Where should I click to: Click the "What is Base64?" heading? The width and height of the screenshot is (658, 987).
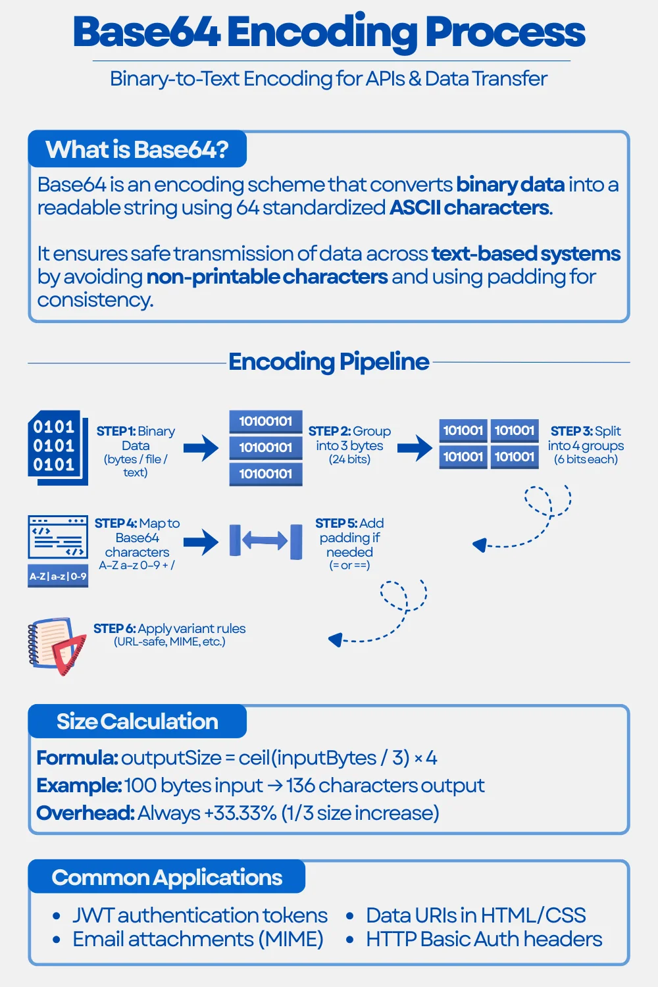137,150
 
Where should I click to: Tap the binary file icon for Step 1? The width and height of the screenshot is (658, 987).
57,447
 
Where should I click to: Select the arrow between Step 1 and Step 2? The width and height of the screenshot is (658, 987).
201,448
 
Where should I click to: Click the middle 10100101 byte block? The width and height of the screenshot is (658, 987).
265,447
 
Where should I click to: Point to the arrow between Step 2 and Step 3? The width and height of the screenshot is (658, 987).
415,448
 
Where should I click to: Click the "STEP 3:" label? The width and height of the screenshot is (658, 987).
571,431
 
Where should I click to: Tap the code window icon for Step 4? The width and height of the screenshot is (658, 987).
57,536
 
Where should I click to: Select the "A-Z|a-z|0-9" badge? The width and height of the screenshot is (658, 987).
57,576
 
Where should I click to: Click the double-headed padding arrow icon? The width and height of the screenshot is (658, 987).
265,541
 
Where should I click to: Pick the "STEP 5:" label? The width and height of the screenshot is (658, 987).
335,523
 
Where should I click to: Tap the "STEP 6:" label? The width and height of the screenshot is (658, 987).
114,628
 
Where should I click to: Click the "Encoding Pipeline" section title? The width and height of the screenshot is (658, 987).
328,362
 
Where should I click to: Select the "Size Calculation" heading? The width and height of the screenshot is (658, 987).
137,722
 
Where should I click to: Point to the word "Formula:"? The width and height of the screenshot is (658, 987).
77,758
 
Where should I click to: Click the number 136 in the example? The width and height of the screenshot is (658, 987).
300,786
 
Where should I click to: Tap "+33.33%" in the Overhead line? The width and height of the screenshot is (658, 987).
240,813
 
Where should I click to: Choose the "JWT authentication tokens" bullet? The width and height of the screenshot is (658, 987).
199,915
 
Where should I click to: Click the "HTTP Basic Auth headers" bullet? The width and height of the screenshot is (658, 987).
484,939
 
